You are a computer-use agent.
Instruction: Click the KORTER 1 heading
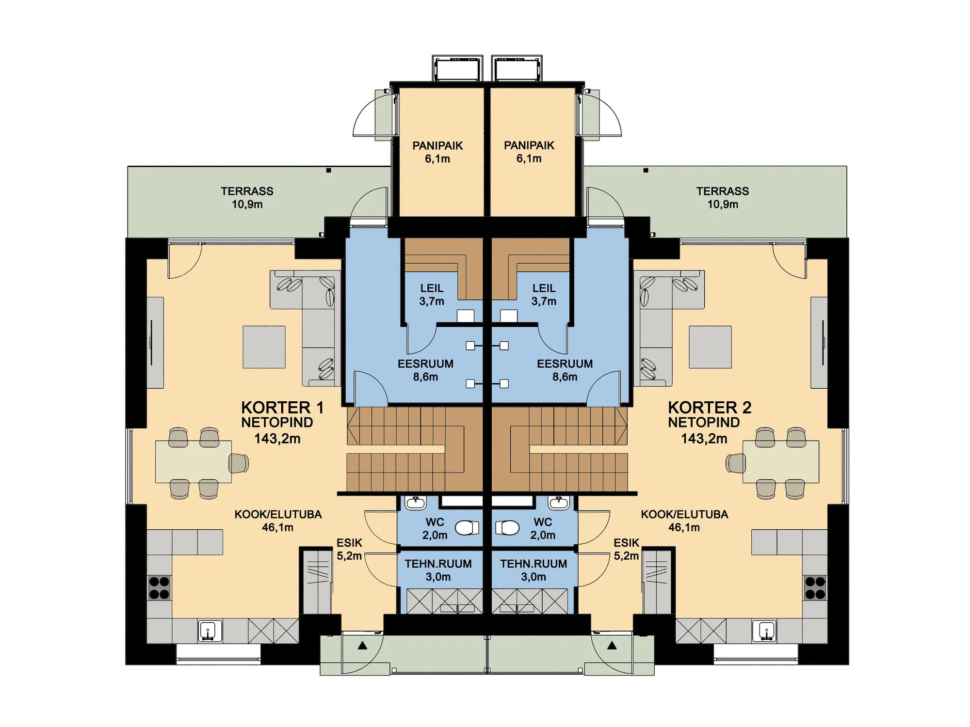click(282, 408)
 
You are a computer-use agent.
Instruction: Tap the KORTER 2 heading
click(710, 408)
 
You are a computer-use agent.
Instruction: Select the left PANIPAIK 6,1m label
click(437, 152)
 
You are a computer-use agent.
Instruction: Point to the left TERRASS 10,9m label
click(247, 198)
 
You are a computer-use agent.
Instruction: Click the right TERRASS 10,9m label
click(723, 198)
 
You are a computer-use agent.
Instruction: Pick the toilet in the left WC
click(467, 528)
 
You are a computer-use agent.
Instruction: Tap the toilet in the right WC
click(507, 528)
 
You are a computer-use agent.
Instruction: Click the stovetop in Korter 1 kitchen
click(159, 587)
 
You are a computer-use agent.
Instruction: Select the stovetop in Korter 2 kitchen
click(815, 587)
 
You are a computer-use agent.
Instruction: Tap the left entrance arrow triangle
click(362, 646)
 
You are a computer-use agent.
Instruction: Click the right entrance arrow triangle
click(612, 646)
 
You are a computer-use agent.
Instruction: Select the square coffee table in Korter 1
click(264, 347)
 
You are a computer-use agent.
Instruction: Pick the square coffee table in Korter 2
click(710, 347)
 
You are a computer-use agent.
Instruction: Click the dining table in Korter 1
click(194, 461)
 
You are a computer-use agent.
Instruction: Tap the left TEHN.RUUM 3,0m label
click(438, 570)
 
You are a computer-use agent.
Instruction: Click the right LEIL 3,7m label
click(544, 295)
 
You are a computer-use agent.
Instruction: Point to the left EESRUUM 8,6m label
click(425, 370)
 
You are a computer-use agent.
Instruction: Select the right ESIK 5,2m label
click(626, 549)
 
